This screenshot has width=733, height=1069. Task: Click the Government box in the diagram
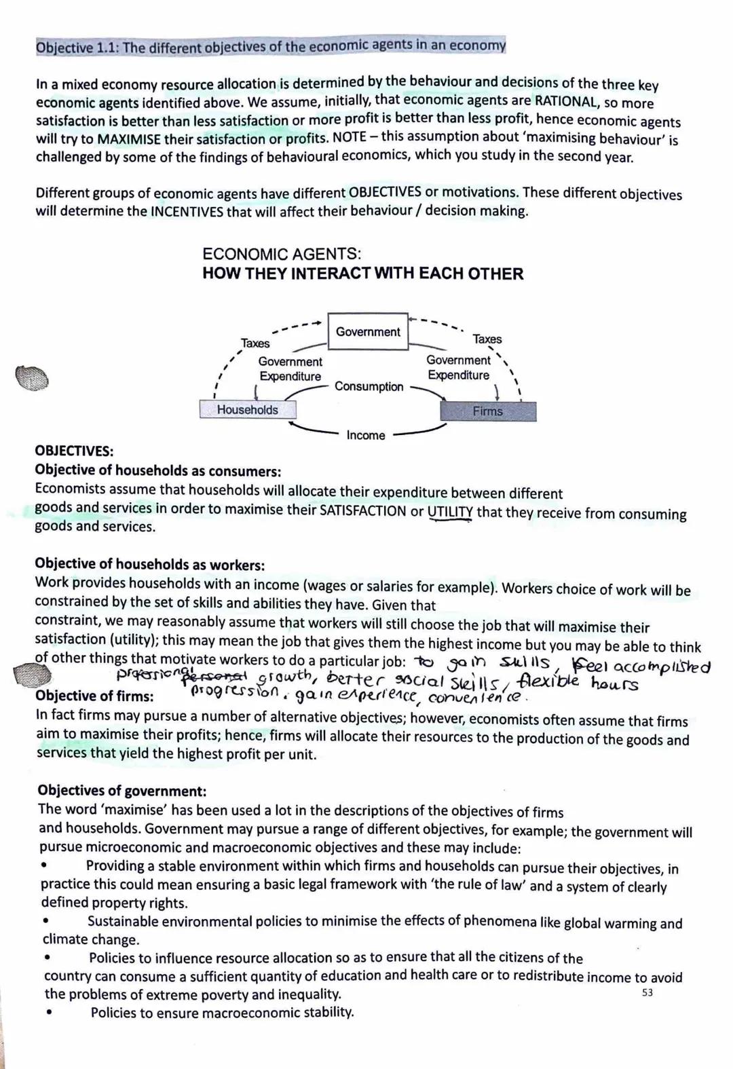pyautogui.click(x=368, y=331)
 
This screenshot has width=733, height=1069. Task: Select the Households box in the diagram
pyautogui.click(x=248, y=409)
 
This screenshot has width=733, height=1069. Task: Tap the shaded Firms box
pyautogui.click(x=488, y=411)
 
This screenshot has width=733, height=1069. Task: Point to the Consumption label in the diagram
pyautogui.click(x=369, y=386)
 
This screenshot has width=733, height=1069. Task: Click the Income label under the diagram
pyautogui.click(x=365, y=435)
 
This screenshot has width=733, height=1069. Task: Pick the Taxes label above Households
pyautogui.click(x=255, y=343)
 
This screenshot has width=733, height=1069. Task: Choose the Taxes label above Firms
pyautogui.click(x=487, y=339)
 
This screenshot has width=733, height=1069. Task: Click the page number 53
pyautogui.click(x=647, y=993)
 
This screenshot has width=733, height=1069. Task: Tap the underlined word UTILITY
pyautogui.click(x=450, y=512)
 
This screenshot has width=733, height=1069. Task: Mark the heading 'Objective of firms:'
pyautogui.click(x=94, y=696)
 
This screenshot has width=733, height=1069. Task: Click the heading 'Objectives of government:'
pyautogui.click(x=122, y=790)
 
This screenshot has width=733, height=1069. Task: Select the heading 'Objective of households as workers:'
pyautogui.click(x=149, y=564)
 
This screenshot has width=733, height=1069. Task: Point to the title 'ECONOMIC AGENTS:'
pyautogui.click(x=282, y=255)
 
